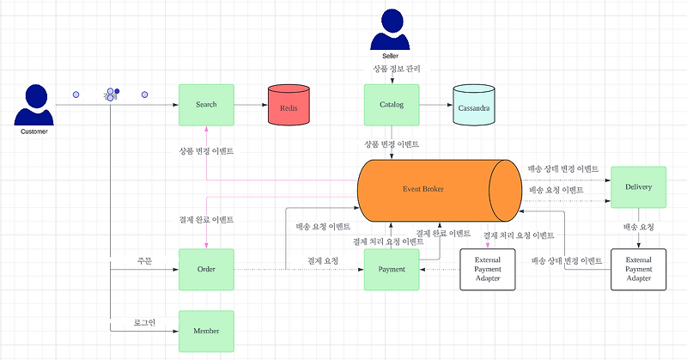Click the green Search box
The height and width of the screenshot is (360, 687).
tap(206, 105)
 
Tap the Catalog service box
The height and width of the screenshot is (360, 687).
tap(392, 105)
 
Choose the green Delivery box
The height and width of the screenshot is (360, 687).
tap(638, 187)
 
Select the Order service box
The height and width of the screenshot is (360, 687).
tap(206, 270)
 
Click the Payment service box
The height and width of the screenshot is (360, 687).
tap(392, 270)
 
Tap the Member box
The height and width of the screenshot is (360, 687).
tap(206, 331)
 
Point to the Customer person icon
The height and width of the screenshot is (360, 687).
tap(34, 107)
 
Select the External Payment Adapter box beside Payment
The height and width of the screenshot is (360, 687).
tap(487, 270)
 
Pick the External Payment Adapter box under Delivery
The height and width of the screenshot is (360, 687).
tap(638, 270)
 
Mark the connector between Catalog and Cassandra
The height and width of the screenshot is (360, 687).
tap(435, 105)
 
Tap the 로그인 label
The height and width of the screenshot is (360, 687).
tap(144, 322)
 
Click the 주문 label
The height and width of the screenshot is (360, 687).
tap(144, 260)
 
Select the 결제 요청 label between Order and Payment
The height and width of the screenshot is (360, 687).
tap(323, 260)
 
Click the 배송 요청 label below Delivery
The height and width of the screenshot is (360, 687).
tap(638, 228)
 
